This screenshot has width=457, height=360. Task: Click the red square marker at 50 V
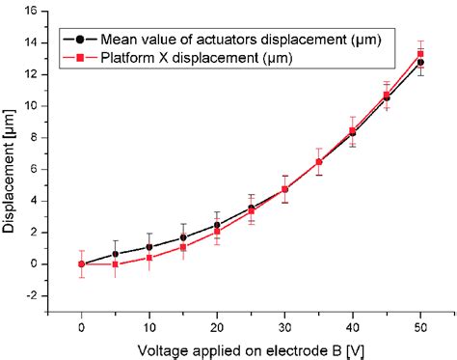419,54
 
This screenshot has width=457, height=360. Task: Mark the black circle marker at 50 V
419,63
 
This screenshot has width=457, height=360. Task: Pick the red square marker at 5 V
116,263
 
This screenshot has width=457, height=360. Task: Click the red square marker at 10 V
149,258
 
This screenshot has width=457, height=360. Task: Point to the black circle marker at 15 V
183,237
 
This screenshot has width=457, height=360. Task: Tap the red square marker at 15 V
183,247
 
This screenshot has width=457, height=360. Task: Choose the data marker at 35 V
318,161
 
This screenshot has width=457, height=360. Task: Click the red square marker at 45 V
386,95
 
